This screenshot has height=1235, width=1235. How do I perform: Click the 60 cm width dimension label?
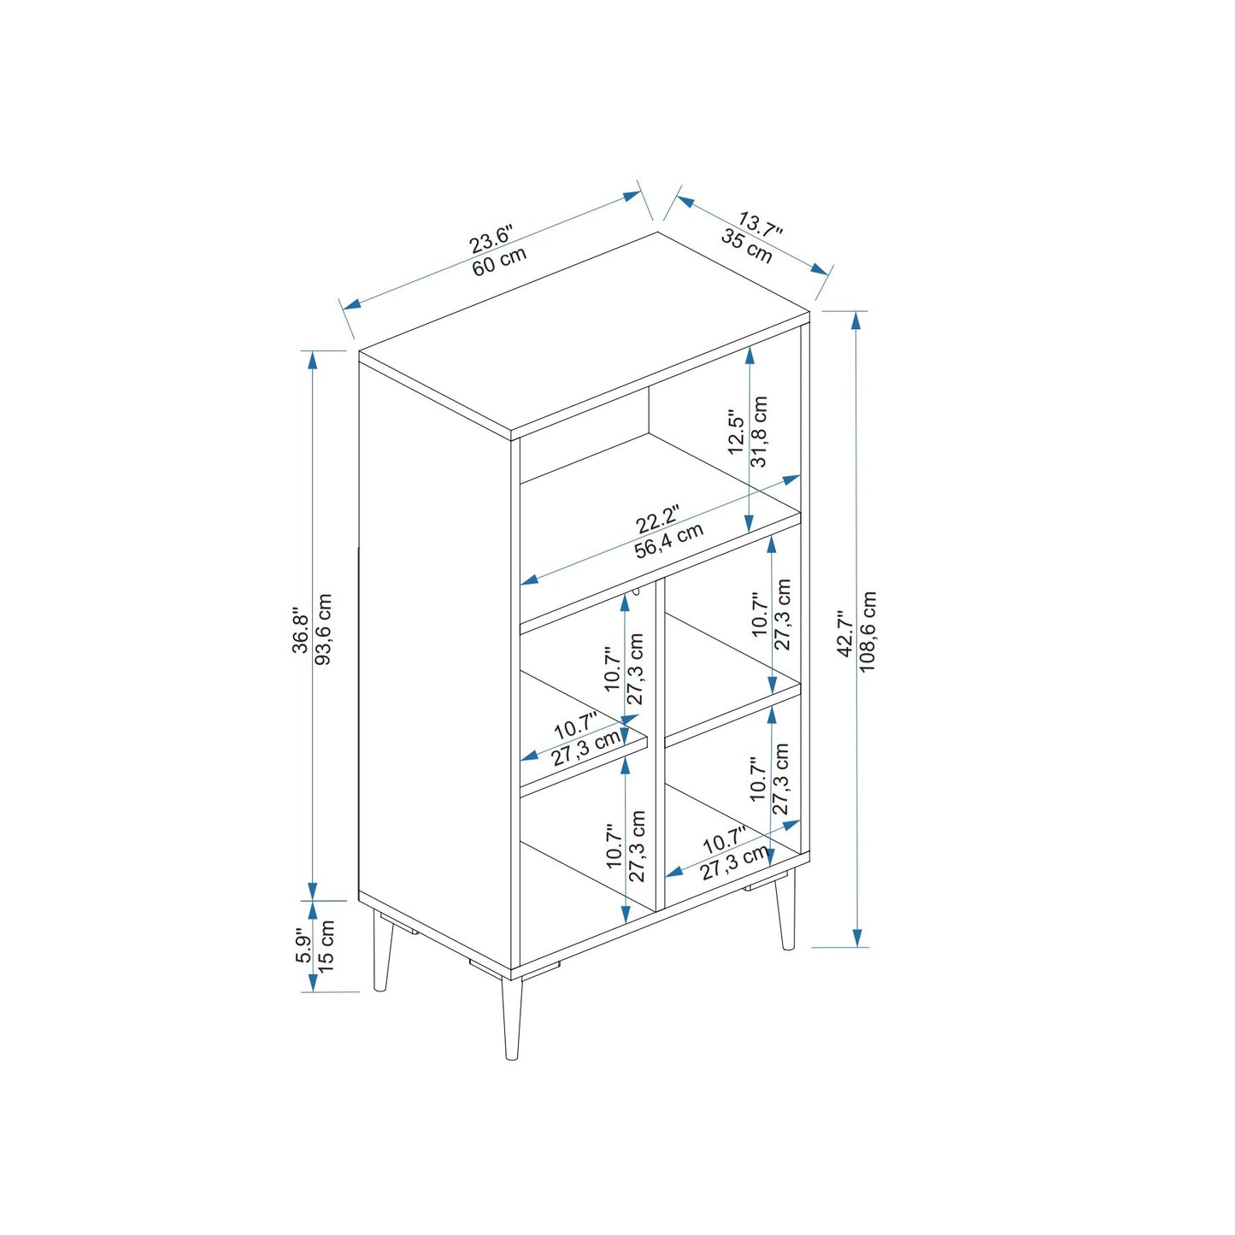coord(499,260)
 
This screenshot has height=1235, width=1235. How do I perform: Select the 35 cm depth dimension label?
coord(747,245)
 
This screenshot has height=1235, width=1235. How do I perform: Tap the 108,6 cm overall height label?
coord(867,632)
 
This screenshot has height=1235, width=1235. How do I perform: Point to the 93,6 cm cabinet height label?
coord(325,630)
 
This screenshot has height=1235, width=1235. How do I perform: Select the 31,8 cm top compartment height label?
coord(759,432)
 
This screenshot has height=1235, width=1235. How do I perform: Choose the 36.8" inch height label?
coord(301,630)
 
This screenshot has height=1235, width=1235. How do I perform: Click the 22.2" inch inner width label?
coord(656,520)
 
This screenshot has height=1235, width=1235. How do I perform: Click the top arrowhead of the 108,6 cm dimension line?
coord(857,321)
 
